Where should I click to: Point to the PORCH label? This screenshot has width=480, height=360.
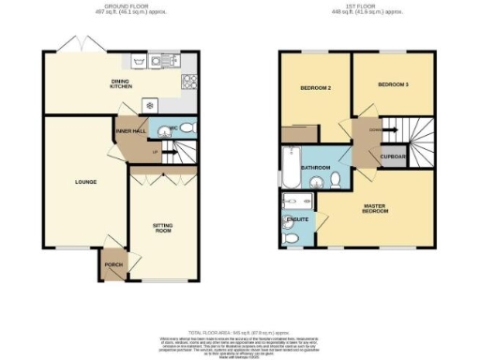[x=114, y=265]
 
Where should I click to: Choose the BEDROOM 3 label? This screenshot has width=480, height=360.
[x=393, y=84]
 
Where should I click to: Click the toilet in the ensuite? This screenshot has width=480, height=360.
[x=292, y=241]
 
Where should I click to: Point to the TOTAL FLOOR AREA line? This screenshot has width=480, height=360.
[x=241, y=334]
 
